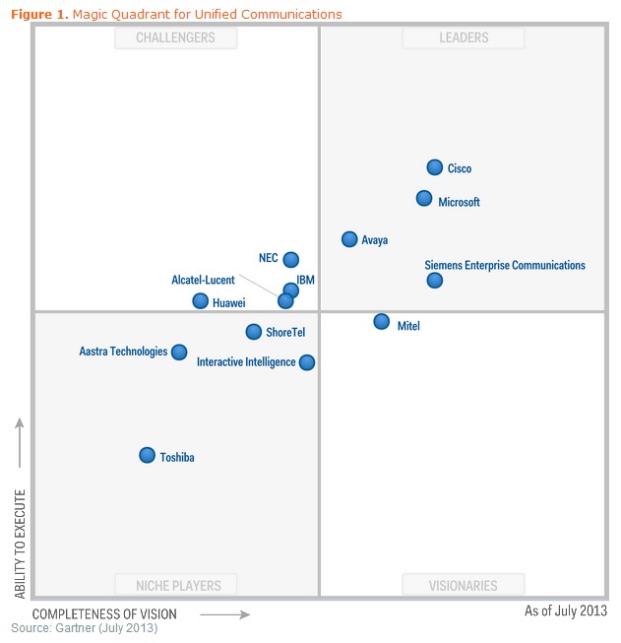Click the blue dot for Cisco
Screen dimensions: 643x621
(435, 167)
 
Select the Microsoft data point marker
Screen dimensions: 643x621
(424, 198)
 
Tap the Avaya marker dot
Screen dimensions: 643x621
(349, 239)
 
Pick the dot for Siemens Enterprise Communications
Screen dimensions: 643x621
(435, 281)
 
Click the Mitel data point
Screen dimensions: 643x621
(382, 321)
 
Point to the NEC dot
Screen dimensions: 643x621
(291, 260)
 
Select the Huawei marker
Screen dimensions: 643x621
(201, 301)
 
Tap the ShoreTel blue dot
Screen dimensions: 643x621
(254, 332)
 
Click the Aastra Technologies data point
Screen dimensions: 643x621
(179, 352)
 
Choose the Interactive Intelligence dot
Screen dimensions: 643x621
(307, 362)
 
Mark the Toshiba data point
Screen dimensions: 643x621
(148, 455)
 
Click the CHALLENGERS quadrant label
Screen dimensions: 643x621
(176, 38)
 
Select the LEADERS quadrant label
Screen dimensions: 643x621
(464, 38)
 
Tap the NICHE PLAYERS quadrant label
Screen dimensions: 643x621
(176, 585)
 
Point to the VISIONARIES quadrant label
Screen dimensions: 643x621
(464, 585)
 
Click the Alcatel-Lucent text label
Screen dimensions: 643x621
(204, 281)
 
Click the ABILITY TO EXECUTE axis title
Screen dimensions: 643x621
(20, 540)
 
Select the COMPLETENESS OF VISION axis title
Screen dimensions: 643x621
(104, 614)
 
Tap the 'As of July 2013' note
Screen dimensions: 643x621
(566, 611)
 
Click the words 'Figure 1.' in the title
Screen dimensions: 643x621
(39, 14)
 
